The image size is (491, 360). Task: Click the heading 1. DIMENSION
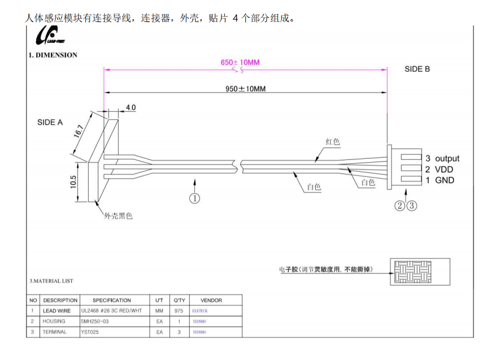click(53, 55)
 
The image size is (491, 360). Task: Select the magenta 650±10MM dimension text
click(240, 62)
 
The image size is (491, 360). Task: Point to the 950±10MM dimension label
click(245, 89)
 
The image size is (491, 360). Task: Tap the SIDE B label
click(417, 69)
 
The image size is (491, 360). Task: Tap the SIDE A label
click(50, 122)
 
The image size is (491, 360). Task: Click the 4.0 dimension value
click(131, 107)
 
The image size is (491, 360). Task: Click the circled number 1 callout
click(194, 198)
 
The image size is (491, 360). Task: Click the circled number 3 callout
click(412, 206)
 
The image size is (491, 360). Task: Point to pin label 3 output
click(442, 159)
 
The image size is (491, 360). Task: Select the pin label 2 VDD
click(439, 170)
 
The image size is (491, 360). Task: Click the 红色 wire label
click(333, 142)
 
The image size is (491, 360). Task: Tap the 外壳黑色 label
click(118, 216)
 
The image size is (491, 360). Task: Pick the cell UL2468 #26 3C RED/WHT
click(111, 311)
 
